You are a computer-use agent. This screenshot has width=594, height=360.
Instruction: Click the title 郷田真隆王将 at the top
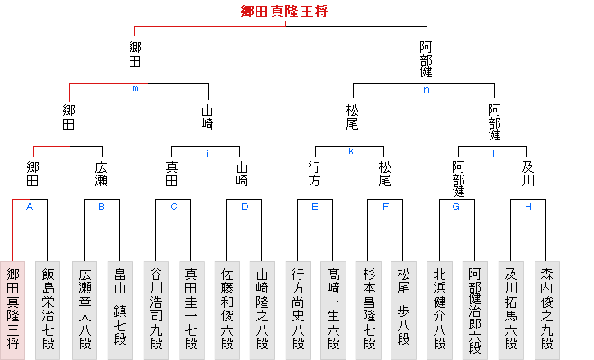pyautogui.click(x=284, y=12)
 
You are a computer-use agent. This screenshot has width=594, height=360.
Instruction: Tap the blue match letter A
pyautogui.click(x=30, y=206)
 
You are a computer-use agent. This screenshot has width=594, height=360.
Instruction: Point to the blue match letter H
pyautogui.click(x=528, y=206)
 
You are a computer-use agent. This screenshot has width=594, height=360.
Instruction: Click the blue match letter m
pyautogui.click(x=135, y=89)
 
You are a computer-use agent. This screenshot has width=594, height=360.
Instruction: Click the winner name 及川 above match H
pyautogui.click(x=528, y=174)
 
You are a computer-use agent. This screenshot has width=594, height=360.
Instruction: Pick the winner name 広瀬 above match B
pyautogui.click(x=101, y=174)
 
